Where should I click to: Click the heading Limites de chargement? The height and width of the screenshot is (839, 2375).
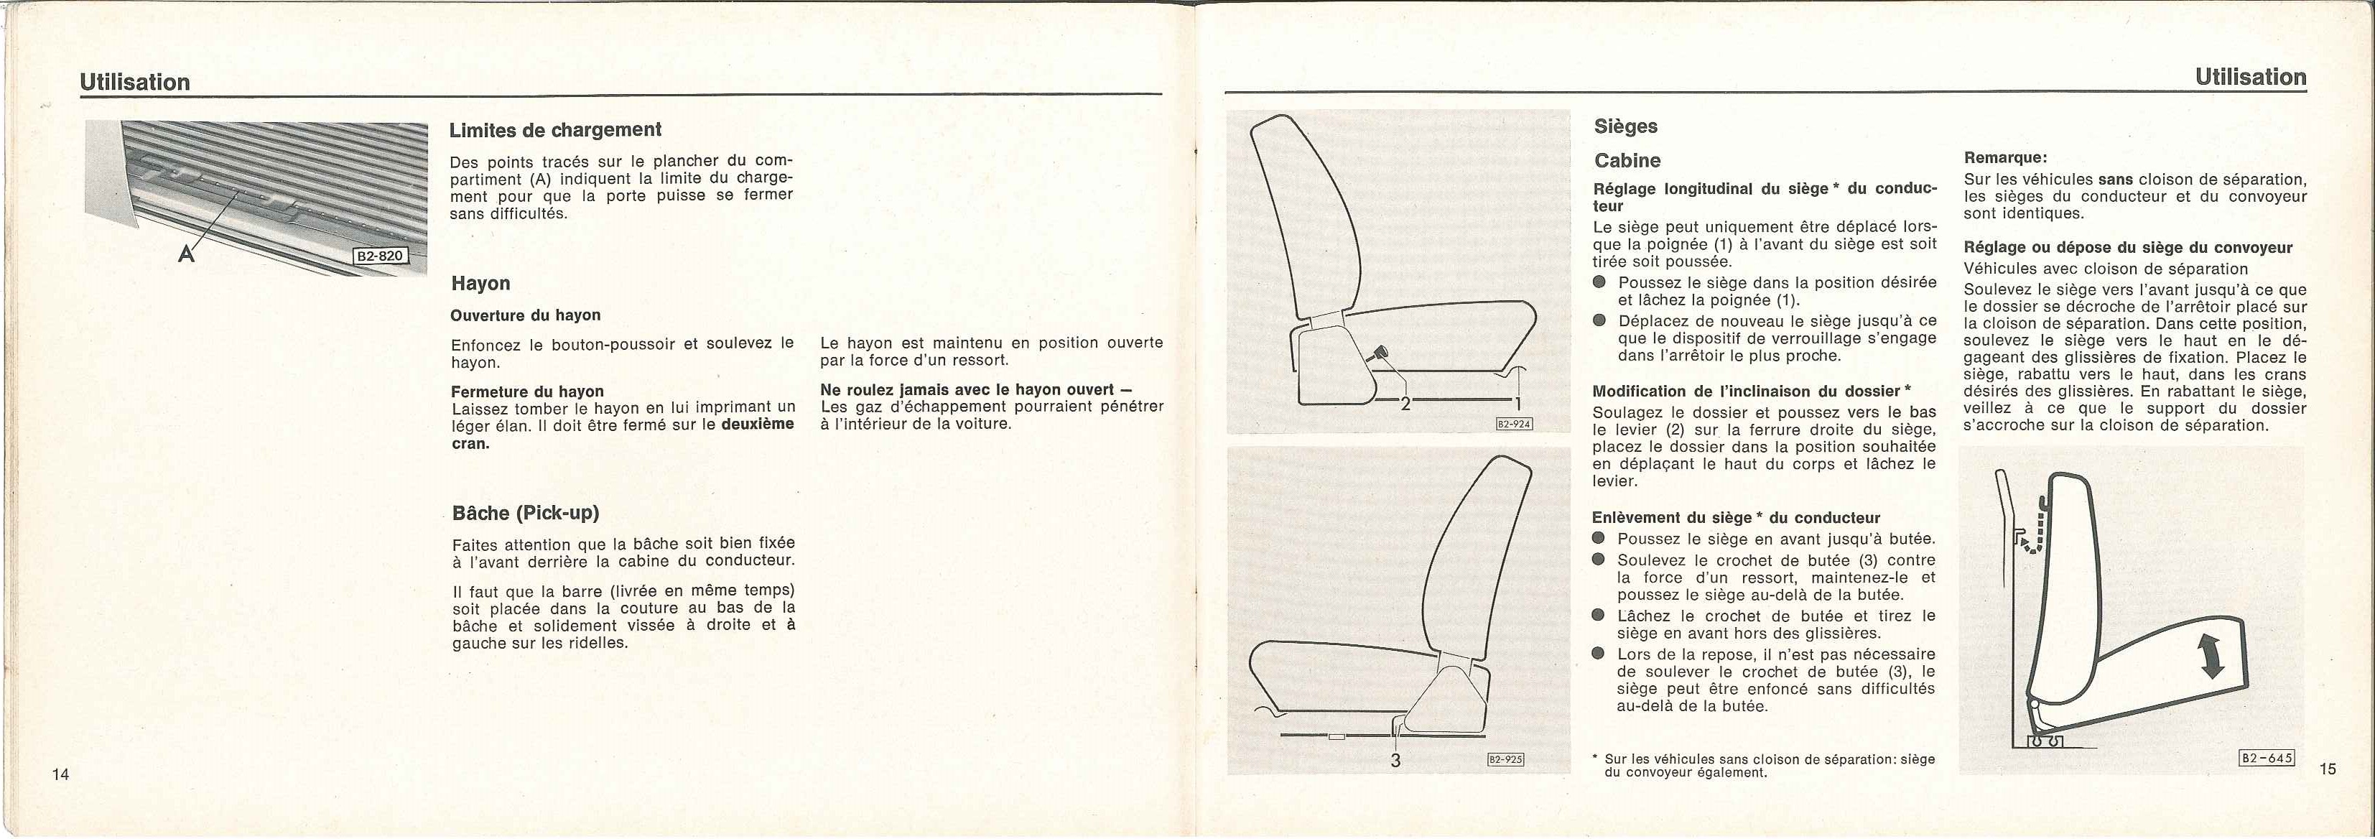[x=555, y=130]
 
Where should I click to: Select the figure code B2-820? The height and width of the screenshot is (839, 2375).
[x=380, y=256]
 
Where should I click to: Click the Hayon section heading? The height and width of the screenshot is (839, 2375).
[x=480, y=283]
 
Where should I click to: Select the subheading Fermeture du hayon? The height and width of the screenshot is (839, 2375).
[x=527, y=391]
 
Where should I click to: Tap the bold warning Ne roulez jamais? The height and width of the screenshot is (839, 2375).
[x=968, y=389]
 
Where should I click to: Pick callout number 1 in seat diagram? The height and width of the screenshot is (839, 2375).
[x=1518, y=403]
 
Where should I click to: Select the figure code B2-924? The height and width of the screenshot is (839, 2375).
[x=1514, y=424]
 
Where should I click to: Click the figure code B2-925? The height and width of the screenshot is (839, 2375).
[x=1505, y=760]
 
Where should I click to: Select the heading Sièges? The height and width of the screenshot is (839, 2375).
[x=1625, y=126]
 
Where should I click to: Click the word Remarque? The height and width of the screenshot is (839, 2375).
[x=2005, y=157]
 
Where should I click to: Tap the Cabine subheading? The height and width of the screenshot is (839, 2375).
[x=1627, y=160]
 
